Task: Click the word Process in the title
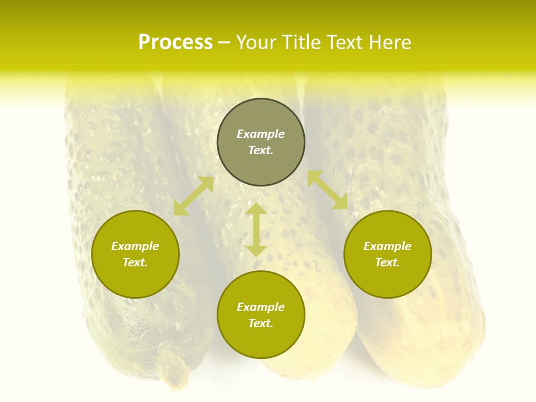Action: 175,42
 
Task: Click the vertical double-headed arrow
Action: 256,229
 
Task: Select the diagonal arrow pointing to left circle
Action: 193,196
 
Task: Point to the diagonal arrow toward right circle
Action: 327,190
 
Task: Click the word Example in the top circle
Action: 261,134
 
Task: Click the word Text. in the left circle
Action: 135,262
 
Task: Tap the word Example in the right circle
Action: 387,246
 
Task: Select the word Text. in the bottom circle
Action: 261,323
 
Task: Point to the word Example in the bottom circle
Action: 261,307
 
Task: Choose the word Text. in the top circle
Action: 261,150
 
